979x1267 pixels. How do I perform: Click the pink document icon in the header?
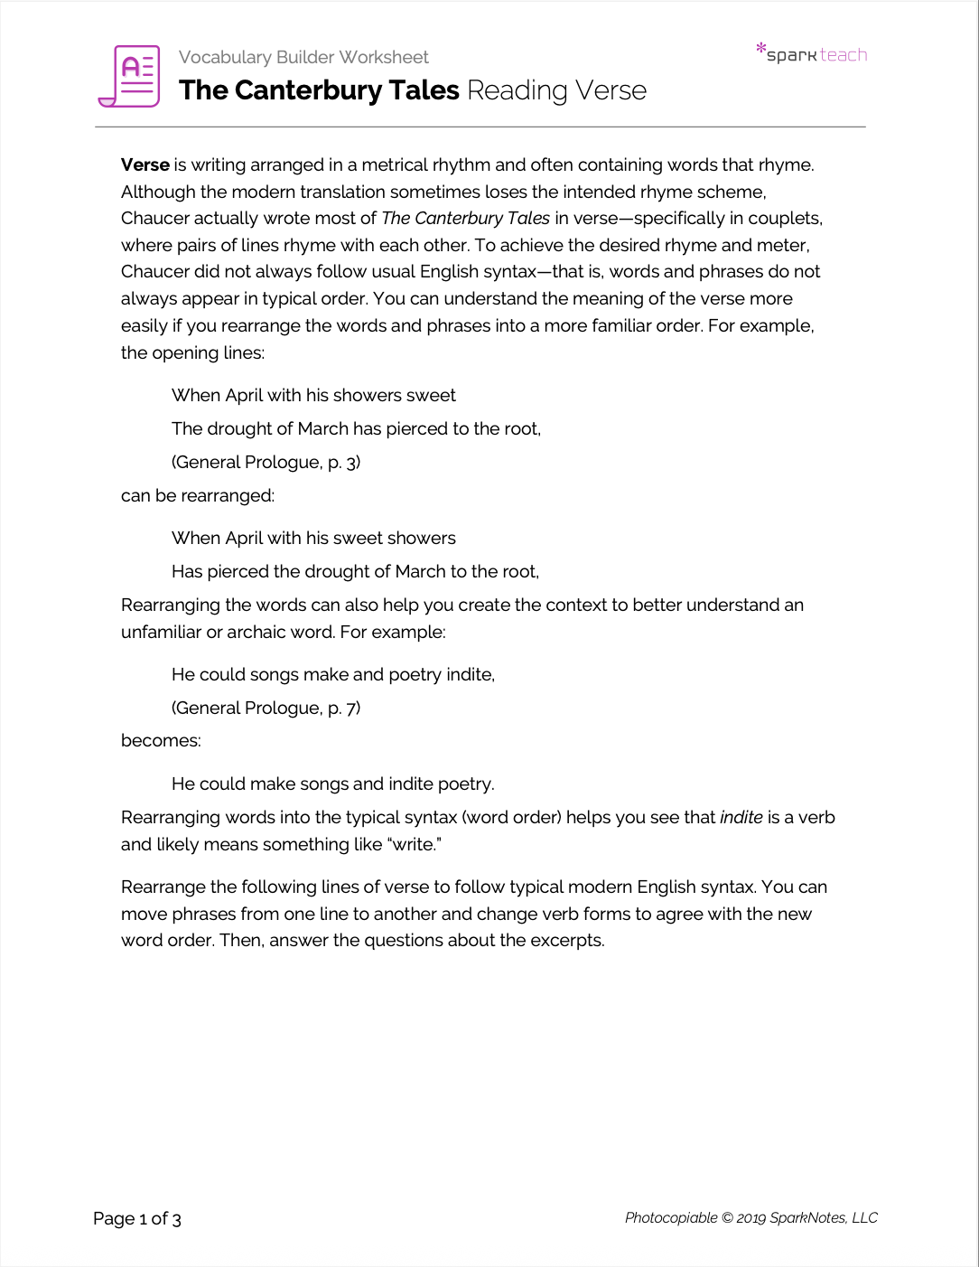[x=129, y=76]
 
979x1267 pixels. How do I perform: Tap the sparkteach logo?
[x=811, y=54]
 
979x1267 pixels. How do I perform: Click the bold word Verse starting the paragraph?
[x=145, y=164]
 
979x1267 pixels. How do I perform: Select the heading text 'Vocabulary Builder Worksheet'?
[x=303, y=57]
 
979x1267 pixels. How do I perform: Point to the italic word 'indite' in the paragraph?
[x=741, y=817]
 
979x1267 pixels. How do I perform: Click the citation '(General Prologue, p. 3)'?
[x=266, y=462]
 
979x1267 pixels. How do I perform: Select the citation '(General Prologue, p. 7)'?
[x=266, y=708]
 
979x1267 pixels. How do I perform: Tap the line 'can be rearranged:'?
[x=198, y=495]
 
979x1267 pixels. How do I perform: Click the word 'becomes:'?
[x=161, y=740]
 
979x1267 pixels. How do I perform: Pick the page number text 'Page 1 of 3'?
[x=137, y=1218]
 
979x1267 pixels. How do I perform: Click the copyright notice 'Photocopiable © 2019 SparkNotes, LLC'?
[x=751, y=1217]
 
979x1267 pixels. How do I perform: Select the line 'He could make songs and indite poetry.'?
[x=332, y=784]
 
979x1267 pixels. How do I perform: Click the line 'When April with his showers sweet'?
[x=313, y=395]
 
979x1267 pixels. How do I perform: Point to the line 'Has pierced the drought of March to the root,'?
[x=355, y=571]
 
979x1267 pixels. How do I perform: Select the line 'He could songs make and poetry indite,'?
[x=332, y=674]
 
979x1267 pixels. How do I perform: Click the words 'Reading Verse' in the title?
[x=556, y=90]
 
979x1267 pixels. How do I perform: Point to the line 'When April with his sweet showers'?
[x=313, y=538]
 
